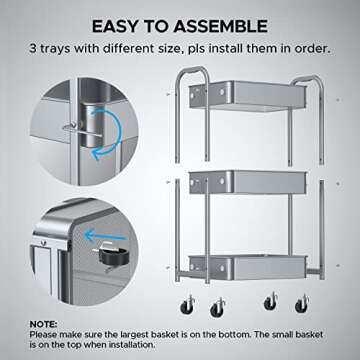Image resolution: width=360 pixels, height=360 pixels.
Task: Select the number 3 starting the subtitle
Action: tap(63, 48)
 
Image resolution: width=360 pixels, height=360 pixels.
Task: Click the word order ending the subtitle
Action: tap(289, 48)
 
